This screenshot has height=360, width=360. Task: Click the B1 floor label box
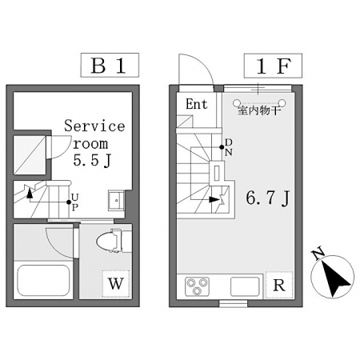click(x=110, y=65)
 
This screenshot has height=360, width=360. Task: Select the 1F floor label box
click(x=273, y=66)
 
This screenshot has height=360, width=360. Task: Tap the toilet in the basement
click(x=114, y=240)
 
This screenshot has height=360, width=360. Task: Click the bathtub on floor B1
click(x=43, y=280)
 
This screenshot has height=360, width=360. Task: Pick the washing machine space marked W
click(x=116, y=284)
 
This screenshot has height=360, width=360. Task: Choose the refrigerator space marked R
click(x=279, y=285)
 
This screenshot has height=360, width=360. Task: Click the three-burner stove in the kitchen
click(x=198, y=286)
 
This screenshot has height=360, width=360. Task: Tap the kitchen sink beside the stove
click(x=245, y=286)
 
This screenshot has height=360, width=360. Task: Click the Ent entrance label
click(x=197, y=104)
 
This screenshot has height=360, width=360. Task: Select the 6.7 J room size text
click(x=267, y=198)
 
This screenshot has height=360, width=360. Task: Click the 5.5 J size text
click(x=92, y=160)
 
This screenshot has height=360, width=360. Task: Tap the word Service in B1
click(x=94, y=126)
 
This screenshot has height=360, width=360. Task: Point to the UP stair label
click(x=75, y=202)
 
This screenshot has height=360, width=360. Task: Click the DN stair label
click(x=229, y=147)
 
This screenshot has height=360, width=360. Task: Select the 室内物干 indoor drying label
click(x=259, y=110)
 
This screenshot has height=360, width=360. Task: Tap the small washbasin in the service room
click(x=116, y=200)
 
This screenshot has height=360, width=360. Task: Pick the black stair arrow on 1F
click(x=214, y=199)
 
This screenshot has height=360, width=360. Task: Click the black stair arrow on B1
click(x=30, y=193)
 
